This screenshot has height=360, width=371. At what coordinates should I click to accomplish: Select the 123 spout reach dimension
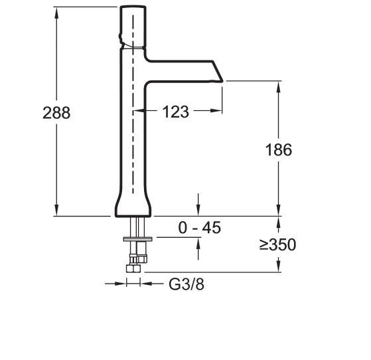pos(175,112)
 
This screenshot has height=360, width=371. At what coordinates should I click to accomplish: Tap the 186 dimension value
pos(277,149)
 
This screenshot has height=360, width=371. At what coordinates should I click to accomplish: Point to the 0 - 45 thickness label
pos(199,228)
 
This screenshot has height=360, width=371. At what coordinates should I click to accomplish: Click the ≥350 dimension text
pos(277,244)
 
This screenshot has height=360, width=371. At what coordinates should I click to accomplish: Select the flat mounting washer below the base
pos(137,238)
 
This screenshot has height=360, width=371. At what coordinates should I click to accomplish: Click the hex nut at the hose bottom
pos(133,266)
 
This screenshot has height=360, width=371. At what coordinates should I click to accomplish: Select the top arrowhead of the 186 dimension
pos(277,85)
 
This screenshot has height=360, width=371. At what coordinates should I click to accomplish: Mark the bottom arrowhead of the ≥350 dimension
pos(277,268)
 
